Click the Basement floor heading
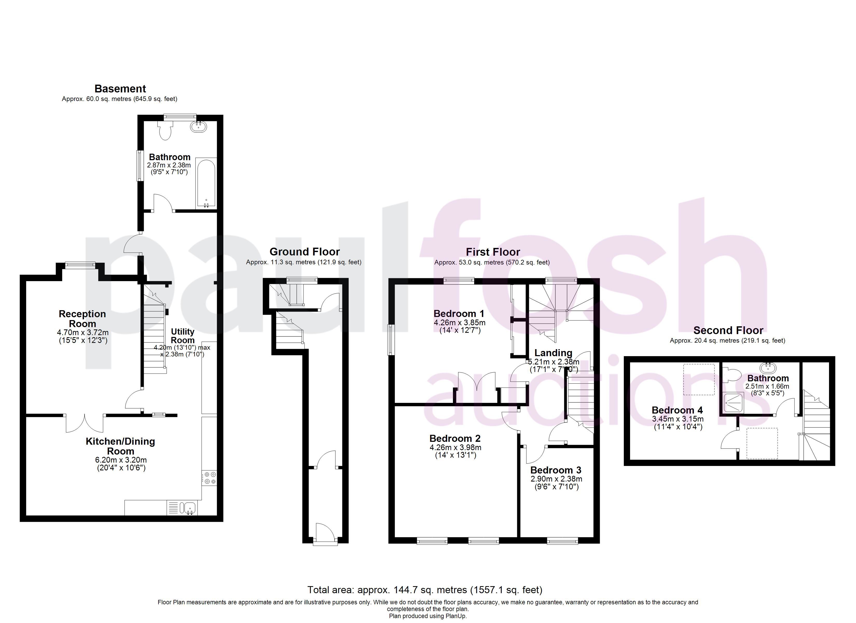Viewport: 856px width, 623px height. coord(120,89)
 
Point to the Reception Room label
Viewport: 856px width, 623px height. coord(82,319)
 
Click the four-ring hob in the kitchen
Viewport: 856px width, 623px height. coord(209,478)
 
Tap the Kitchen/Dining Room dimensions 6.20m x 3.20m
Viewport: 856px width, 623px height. coord(121,460)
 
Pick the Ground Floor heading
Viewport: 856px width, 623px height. coord(305,252)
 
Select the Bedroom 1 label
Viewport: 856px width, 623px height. coord(459,314)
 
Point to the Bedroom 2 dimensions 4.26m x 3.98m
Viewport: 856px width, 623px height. coord(455,448)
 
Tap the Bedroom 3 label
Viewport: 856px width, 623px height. coord(556,470)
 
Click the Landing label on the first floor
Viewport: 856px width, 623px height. coord(553,353)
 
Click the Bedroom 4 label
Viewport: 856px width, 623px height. coord(678,410)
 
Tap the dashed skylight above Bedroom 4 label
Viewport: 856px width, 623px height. coord(699,379)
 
